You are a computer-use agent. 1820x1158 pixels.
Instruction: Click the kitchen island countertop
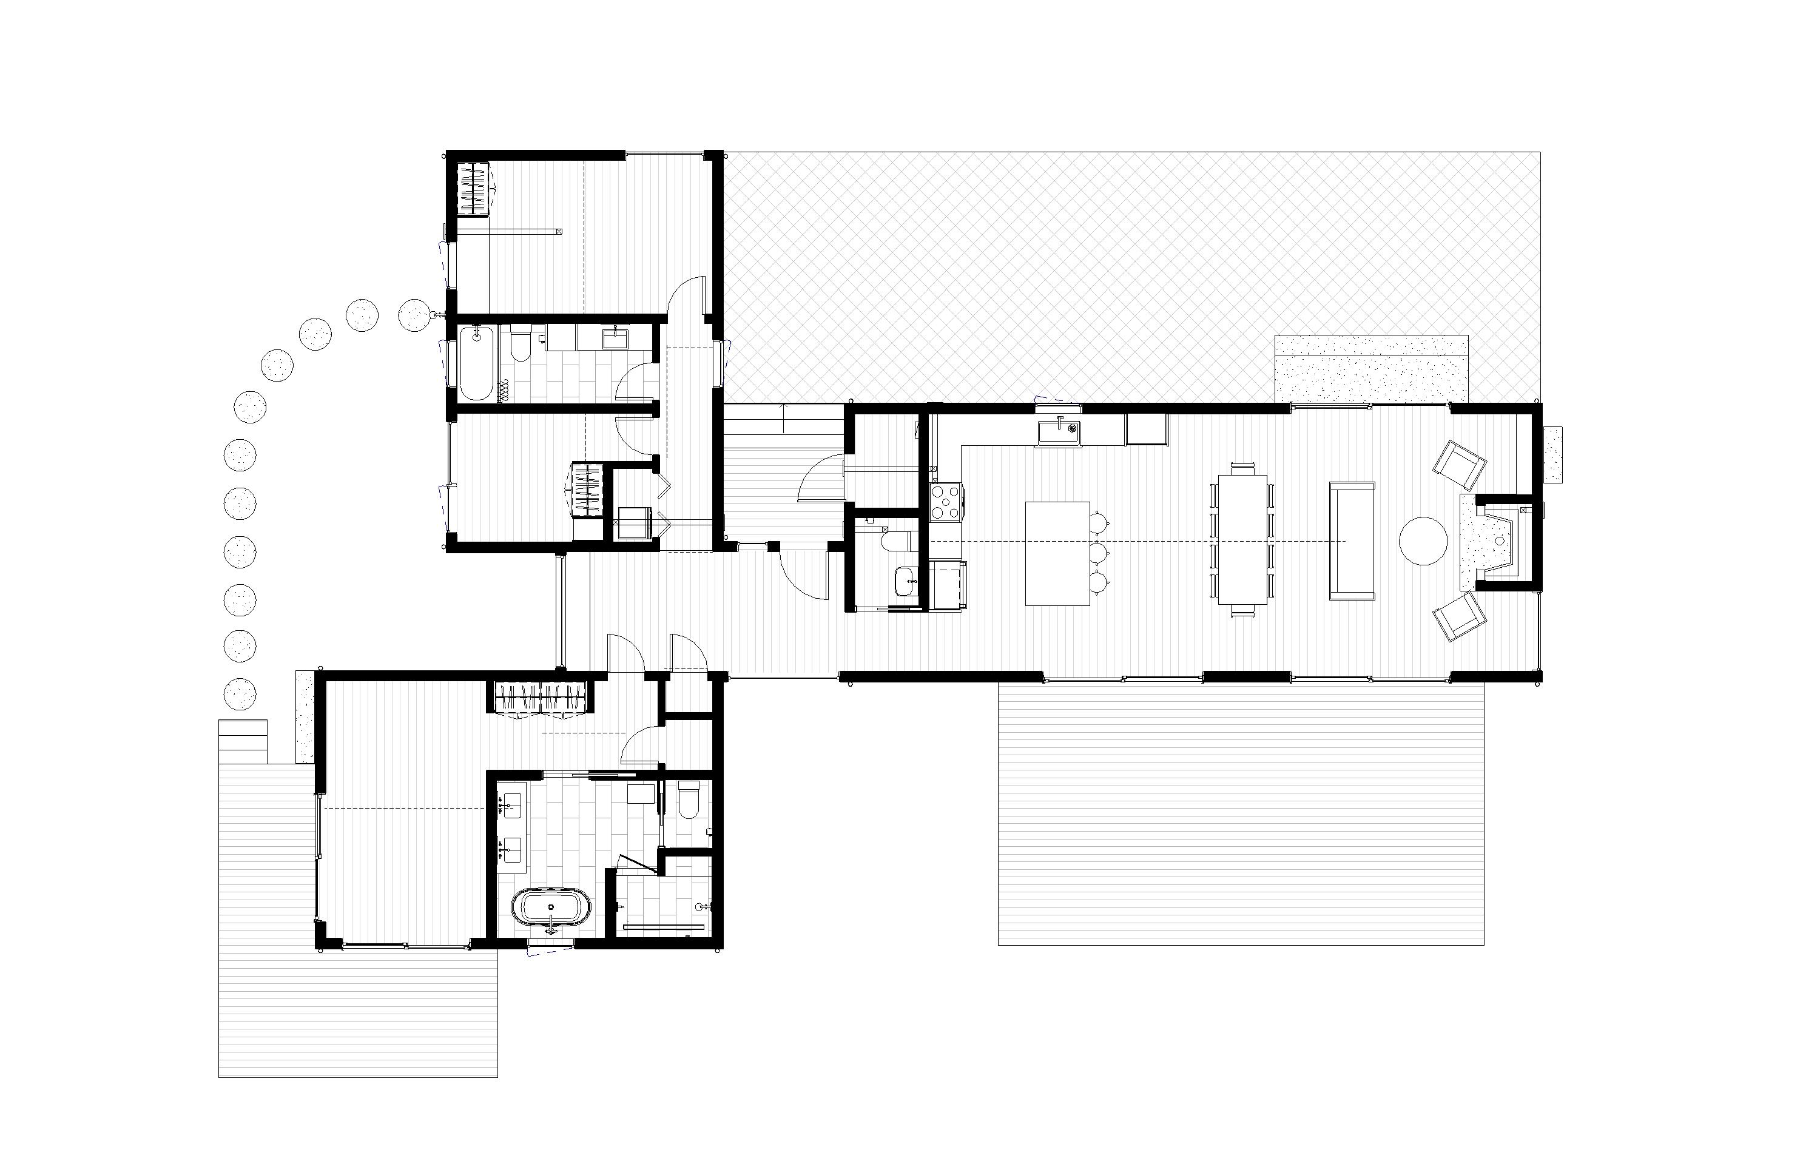pos(1057,553)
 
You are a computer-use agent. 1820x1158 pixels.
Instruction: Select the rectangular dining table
pos(1242,539)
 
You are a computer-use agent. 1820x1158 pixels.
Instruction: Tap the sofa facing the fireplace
pos(1352,540)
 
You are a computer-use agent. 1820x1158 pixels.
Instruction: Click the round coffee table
pos(1423,540)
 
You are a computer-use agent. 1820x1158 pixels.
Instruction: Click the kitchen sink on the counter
pos(1059,433)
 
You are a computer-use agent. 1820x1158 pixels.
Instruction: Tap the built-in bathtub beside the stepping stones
pos(477,362)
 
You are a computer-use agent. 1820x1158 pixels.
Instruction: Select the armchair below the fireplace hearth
pos(1458,616)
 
